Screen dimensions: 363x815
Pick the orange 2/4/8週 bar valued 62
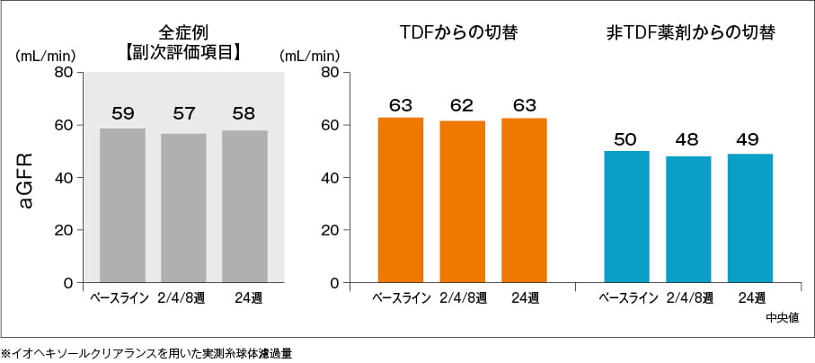point(462,201)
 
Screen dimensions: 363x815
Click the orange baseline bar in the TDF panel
point(401,199)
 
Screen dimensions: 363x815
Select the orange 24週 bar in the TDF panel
point(524,200)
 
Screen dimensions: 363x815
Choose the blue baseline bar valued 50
point(626,217)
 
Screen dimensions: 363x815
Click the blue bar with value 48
point(688,219)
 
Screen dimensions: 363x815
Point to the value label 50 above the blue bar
point(626,139)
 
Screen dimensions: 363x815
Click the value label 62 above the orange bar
point(462,106)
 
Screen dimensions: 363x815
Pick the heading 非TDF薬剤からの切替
point(691,33)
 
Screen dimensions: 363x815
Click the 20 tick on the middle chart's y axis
point(330,230)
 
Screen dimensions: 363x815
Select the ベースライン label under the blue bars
point(625,297)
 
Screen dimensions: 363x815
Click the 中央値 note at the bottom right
point(783,316)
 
